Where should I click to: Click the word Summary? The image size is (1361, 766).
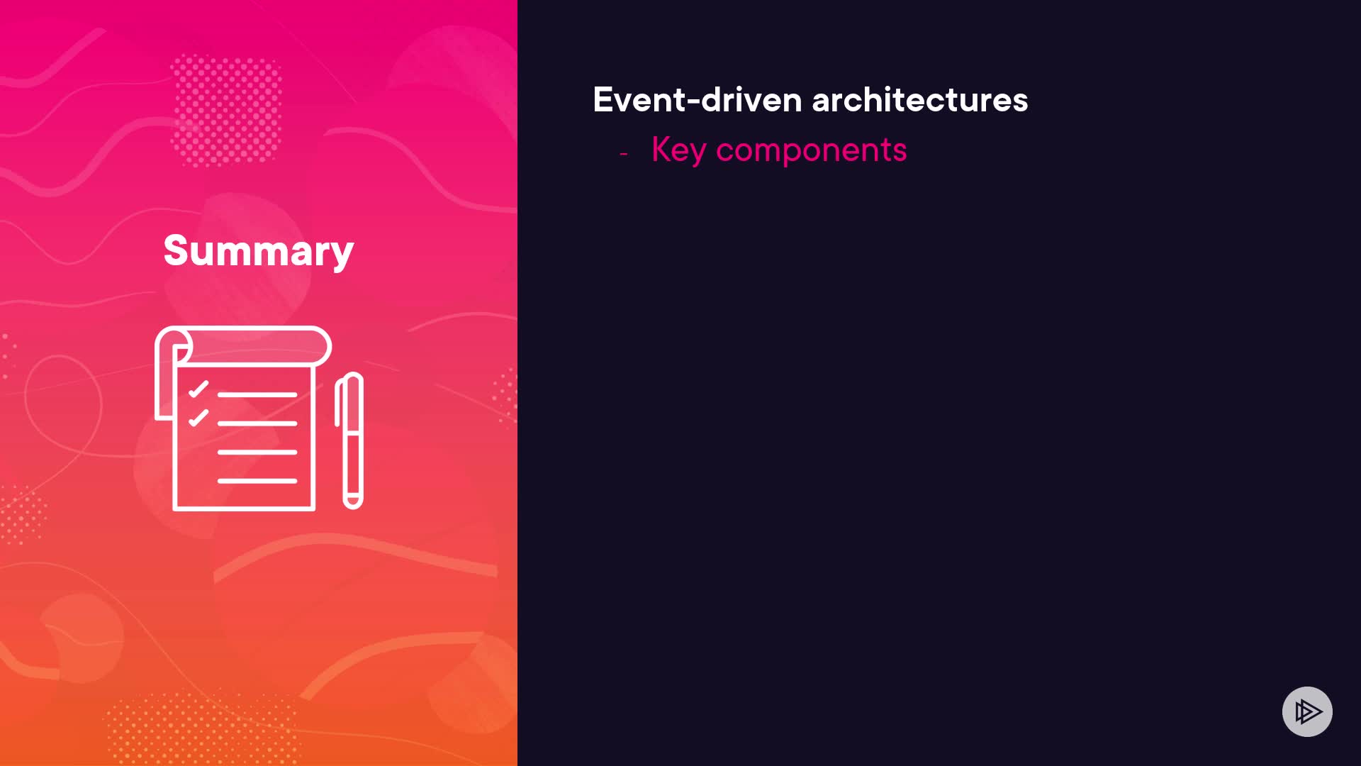259,251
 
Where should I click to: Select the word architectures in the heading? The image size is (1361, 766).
920,99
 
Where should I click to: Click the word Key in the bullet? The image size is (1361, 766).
679,150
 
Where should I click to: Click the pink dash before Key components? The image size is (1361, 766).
624,153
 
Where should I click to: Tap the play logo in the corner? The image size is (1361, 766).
1307,711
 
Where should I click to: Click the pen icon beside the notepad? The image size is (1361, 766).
349,440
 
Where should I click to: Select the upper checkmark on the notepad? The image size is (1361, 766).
198,389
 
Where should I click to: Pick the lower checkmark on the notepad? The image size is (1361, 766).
198,418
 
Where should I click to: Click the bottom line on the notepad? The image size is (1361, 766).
257,481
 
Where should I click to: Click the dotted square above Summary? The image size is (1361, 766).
226,111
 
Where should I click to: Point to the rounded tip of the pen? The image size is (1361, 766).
353,504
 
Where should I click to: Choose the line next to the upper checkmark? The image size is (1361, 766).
257,394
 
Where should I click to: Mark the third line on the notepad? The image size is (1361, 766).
257,452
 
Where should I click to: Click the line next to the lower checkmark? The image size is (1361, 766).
257,423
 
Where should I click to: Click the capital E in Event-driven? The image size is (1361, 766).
603,99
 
